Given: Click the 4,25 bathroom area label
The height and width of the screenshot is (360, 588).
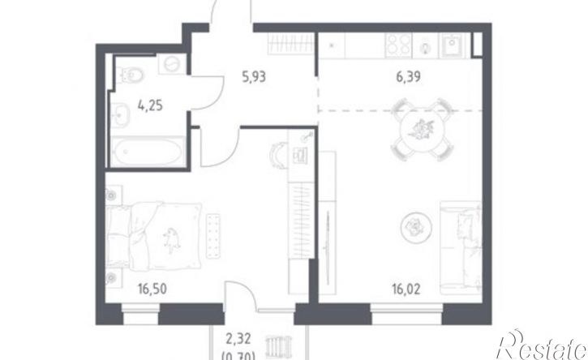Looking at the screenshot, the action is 150,105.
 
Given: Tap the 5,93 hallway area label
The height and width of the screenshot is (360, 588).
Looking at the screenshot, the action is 254,77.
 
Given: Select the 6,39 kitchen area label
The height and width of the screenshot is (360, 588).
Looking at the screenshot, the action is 409,77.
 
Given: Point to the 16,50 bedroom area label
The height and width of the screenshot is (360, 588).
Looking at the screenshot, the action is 152,289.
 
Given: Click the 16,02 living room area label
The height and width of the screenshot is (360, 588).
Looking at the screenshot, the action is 406,289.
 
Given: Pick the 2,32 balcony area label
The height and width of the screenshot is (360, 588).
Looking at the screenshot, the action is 238,339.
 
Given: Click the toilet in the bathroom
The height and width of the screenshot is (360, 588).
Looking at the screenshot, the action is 129,75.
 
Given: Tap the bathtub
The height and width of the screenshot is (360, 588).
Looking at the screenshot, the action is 148,151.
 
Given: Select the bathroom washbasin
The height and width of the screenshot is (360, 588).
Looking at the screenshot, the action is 120,114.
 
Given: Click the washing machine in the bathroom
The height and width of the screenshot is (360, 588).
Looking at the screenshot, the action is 173,64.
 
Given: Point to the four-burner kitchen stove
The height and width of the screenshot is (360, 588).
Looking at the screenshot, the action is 398,45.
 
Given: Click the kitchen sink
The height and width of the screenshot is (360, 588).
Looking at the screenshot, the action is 453,45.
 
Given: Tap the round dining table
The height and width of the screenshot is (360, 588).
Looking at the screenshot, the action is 423,130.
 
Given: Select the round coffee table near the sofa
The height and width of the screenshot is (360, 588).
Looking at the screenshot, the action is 416,226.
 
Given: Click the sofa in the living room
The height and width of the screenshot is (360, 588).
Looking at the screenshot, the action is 461,248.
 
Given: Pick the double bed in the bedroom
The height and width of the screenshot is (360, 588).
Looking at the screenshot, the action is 154,236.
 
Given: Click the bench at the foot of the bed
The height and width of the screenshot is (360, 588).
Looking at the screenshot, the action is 214,236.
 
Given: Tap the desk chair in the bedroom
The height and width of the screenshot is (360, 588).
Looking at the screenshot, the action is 277,155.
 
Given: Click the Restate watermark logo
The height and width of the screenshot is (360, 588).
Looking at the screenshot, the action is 541,345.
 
